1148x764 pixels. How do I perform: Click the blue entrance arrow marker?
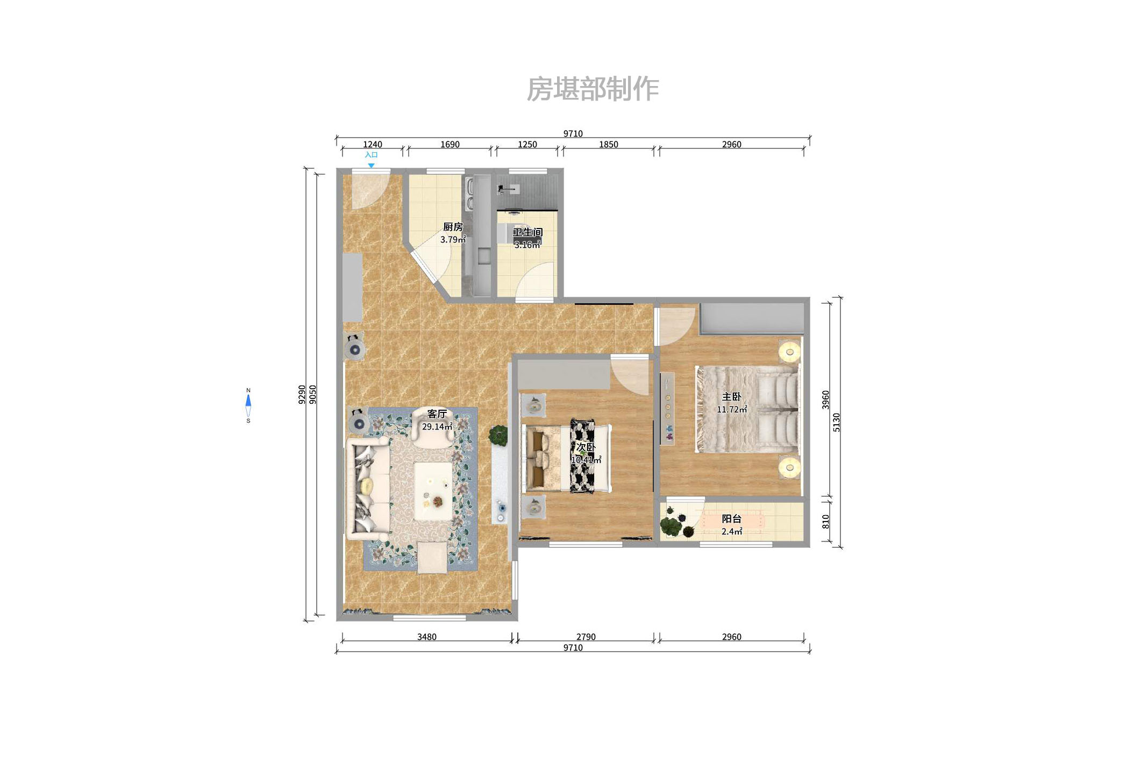pos(371,165)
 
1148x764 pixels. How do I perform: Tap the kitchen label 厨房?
pos(453,227)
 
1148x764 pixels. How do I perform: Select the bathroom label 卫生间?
pos(527,232)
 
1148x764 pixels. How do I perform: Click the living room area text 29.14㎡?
pos(437,427)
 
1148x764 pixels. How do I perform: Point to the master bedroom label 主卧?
pos(731,397)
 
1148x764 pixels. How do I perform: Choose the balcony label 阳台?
pos(731,519)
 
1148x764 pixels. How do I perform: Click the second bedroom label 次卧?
pos(586,447)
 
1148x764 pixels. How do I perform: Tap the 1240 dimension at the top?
pos(372,144)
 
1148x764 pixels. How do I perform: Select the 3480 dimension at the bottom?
pos(426,637)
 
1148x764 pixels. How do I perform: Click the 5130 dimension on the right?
pos(836,422)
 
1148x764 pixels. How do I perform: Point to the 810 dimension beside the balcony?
pos(826,521)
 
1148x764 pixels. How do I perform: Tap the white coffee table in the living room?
pos(433,491)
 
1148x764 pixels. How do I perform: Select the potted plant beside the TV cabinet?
pos(498,435)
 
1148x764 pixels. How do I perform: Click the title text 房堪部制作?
pos(593,89)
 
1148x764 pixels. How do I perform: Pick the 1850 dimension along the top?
pos(608,144)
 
